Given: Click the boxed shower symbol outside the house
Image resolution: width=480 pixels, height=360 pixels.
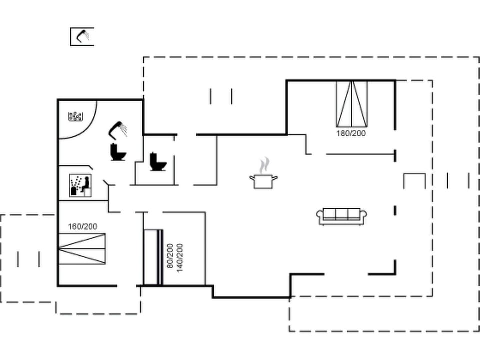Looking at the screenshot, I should [82, 36].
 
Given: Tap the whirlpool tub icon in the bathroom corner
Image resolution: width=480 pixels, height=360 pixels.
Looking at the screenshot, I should [75, 117].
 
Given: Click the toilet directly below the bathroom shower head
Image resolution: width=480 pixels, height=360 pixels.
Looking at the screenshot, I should [118, 152].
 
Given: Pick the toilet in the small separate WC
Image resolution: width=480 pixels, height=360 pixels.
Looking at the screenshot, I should [158, 161].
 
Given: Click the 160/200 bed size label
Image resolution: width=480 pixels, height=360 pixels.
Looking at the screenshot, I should [83, 227].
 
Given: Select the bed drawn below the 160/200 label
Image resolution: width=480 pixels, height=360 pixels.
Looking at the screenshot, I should [82, 248].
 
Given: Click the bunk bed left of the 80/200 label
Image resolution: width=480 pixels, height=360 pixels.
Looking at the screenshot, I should [153, 257].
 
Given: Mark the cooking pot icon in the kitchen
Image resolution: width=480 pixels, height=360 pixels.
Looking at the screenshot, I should [263, 181].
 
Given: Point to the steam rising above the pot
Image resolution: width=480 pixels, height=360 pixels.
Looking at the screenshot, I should [264, 164].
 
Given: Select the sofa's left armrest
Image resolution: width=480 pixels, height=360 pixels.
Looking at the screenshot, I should [320, 215].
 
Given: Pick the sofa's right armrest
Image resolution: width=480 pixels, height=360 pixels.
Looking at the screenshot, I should [364, 215].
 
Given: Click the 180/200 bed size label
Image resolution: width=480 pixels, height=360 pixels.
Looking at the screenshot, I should [351, 133].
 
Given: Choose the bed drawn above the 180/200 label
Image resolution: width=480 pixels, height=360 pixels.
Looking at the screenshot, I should [351, 103].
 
